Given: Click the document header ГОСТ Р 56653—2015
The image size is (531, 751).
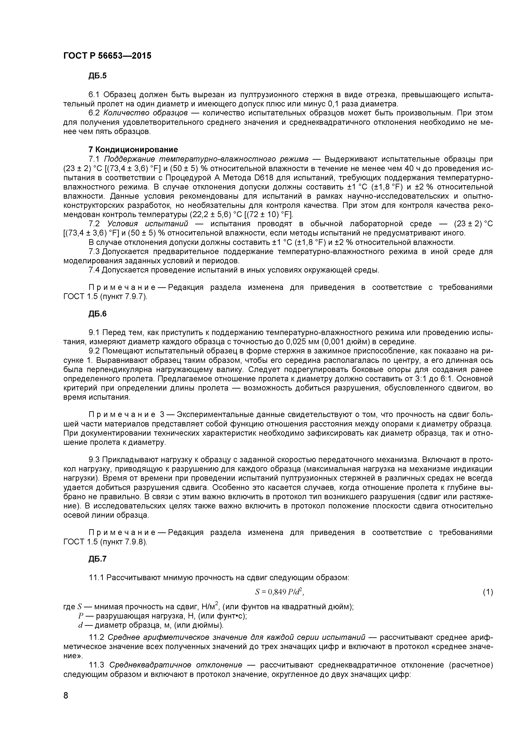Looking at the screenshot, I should coord(107,56).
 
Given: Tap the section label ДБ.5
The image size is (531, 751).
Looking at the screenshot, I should coord(97,76).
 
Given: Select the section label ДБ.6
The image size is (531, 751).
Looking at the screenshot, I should coord(97,314).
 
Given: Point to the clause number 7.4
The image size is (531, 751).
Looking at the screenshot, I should coord(95,270).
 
